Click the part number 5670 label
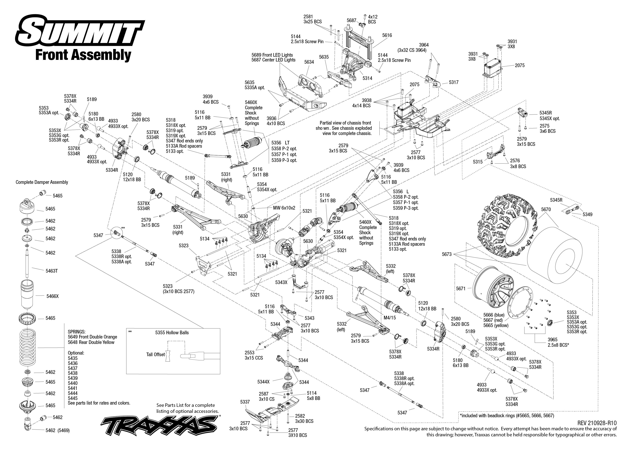(546, 210)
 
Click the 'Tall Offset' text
(155, 354)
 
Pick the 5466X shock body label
(53, 296)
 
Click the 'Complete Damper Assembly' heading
(42, 182)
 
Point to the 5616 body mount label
(387, 35)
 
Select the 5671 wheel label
(460, 289)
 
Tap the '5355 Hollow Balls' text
(172, 333)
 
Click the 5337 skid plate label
(245, 402)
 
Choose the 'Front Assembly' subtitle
(83, 55)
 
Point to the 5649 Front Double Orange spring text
(92, 337)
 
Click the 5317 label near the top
(454, 82)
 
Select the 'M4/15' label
(389, 318)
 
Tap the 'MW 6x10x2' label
(284, 208)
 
